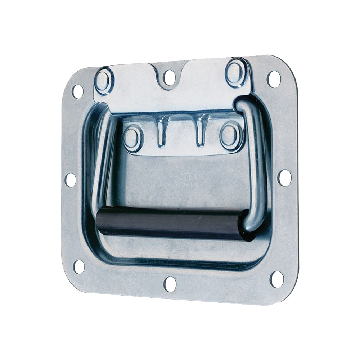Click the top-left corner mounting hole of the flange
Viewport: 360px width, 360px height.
(77, 91)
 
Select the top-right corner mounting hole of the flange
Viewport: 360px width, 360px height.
(274, 79)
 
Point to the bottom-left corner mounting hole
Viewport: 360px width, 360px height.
(79, 266)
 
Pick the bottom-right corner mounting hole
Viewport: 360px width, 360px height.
(277, 279)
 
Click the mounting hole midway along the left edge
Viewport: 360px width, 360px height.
(71, 180)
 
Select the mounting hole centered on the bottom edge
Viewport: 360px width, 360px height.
(170, 284)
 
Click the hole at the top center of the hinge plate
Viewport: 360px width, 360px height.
(169, 77)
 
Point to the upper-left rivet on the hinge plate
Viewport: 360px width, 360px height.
(104, 81)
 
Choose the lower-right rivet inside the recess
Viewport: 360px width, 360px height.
(230, 135)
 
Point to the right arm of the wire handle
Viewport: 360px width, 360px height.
(258, 155)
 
